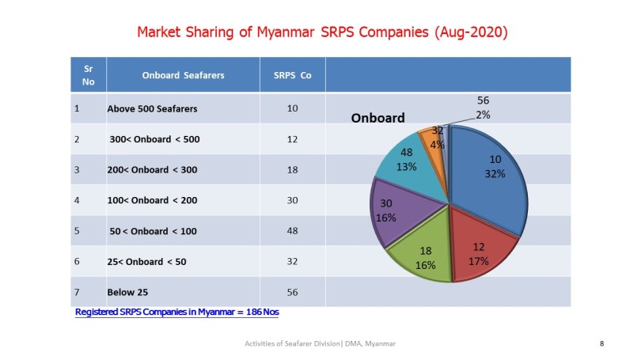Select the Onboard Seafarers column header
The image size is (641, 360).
(183, 76)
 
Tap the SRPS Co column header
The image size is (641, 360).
(292, 76)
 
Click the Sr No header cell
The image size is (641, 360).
(88, 75)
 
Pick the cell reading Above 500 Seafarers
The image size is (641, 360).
(152, 109)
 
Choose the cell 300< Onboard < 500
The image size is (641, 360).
(155, 139)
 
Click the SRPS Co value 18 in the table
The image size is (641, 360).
(292, 169)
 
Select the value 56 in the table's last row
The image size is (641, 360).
(292, 292)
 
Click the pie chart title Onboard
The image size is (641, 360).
(377, 119)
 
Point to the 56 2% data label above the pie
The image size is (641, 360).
(483, 108)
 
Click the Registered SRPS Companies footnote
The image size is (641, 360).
(176, 312)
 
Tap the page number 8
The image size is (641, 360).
(602, 343)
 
